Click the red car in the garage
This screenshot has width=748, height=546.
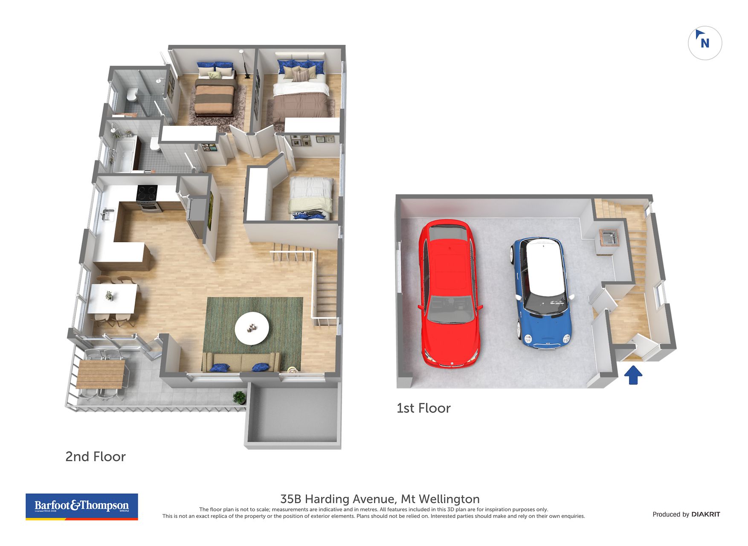pyautogui.click(x=450, y=293)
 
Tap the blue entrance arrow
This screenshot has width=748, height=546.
pyautogui.click(x=633, y=375)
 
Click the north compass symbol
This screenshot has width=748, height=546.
pyautogui.click(x=705, y=43)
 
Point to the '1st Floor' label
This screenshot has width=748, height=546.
pyautogui.click(x=423, y=408)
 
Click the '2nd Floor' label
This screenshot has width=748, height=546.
pyautogui.click(x=96, y=457)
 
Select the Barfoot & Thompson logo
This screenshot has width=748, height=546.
pyautogui.click(x=82, y=507)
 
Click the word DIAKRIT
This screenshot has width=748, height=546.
pyautogui.click(x=706, y=514)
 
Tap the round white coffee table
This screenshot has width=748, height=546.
pyautogui.click(x=252, y=328)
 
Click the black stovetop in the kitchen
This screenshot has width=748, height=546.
pyautogui.click(x=147, y=193)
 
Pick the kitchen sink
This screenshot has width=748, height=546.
pyautogui.click(x=107, y=214)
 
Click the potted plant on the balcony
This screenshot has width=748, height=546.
pyautogui.click(x=240, y=397)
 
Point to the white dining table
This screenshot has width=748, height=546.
pyautogui.click(x=113, y=299)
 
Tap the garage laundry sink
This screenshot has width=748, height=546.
pyautogui.click(x=609, y=238)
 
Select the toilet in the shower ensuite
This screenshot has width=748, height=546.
pyautogui.click(x=132, y=94)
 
